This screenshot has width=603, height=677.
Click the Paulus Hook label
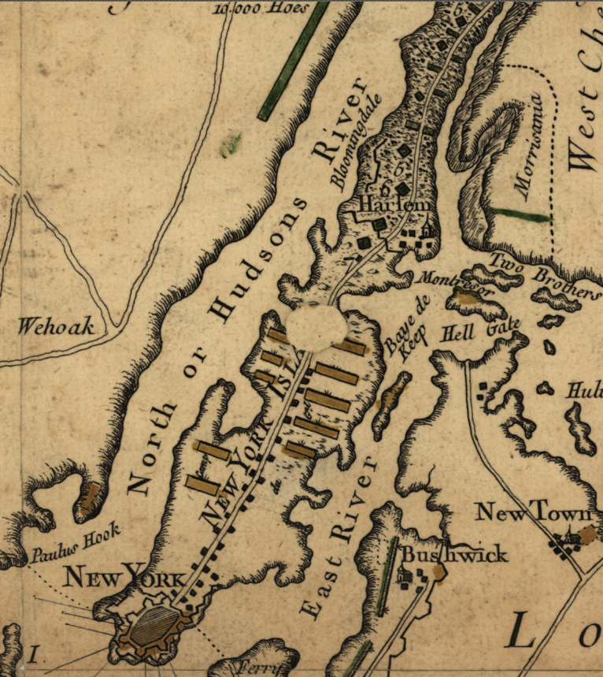(76, 543)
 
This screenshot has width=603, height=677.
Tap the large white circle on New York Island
(315, 328)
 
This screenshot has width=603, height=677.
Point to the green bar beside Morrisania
(520, 214)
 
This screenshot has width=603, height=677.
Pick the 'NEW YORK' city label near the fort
(126, 578)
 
